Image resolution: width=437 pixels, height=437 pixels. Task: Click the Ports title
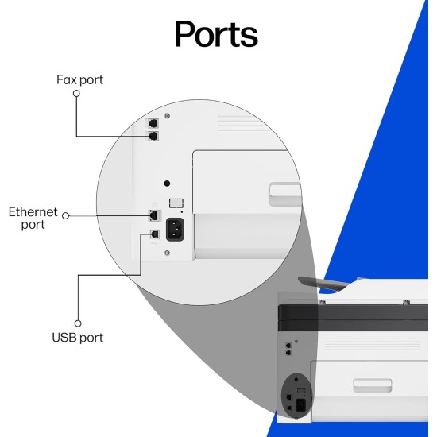click(216, 34)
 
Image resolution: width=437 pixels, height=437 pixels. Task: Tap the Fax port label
click(79, 80)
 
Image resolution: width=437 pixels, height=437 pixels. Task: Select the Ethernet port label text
click(33, 218)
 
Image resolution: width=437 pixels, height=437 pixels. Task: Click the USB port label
click(78, 338)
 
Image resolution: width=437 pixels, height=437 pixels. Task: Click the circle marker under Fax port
click(76, 94)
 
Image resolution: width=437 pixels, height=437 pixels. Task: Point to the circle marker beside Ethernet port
click(65, 215)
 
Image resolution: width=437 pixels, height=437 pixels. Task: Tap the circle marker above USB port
click(78, 323)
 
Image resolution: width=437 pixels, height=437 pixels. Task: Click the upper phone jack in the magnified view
click(153, 123)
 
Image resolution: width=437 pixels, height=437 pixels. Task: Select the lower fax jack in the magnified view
click(153, 137)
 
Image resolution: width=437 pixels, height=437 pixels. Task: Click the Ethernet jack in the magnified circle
click(154, 215)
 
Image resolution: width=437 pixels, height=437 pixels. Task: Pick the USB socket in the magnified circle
click(154, 234)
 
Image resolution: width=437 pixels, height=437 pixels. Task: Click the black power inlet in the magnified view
click(175, 230)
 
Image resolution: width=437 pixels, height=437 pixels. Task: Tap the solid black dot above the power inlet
click(167, 184)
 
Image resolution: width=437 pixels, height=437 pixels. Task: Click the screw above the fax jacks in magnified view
click(167, 116)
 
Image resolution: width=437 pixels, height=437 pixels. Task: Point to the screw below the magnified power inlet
click(167, 253)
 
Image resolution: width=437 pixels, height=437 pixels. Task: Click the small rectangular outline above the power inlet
click(176, 203)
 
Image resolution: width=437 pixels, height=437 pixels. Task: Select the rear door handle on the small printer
click(373, 385)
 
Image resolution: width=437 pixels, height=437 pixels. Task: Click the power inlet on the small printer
click(300, 405)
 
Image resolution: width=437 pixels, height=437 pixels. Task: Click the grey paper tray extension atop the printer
click(323, 283)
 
